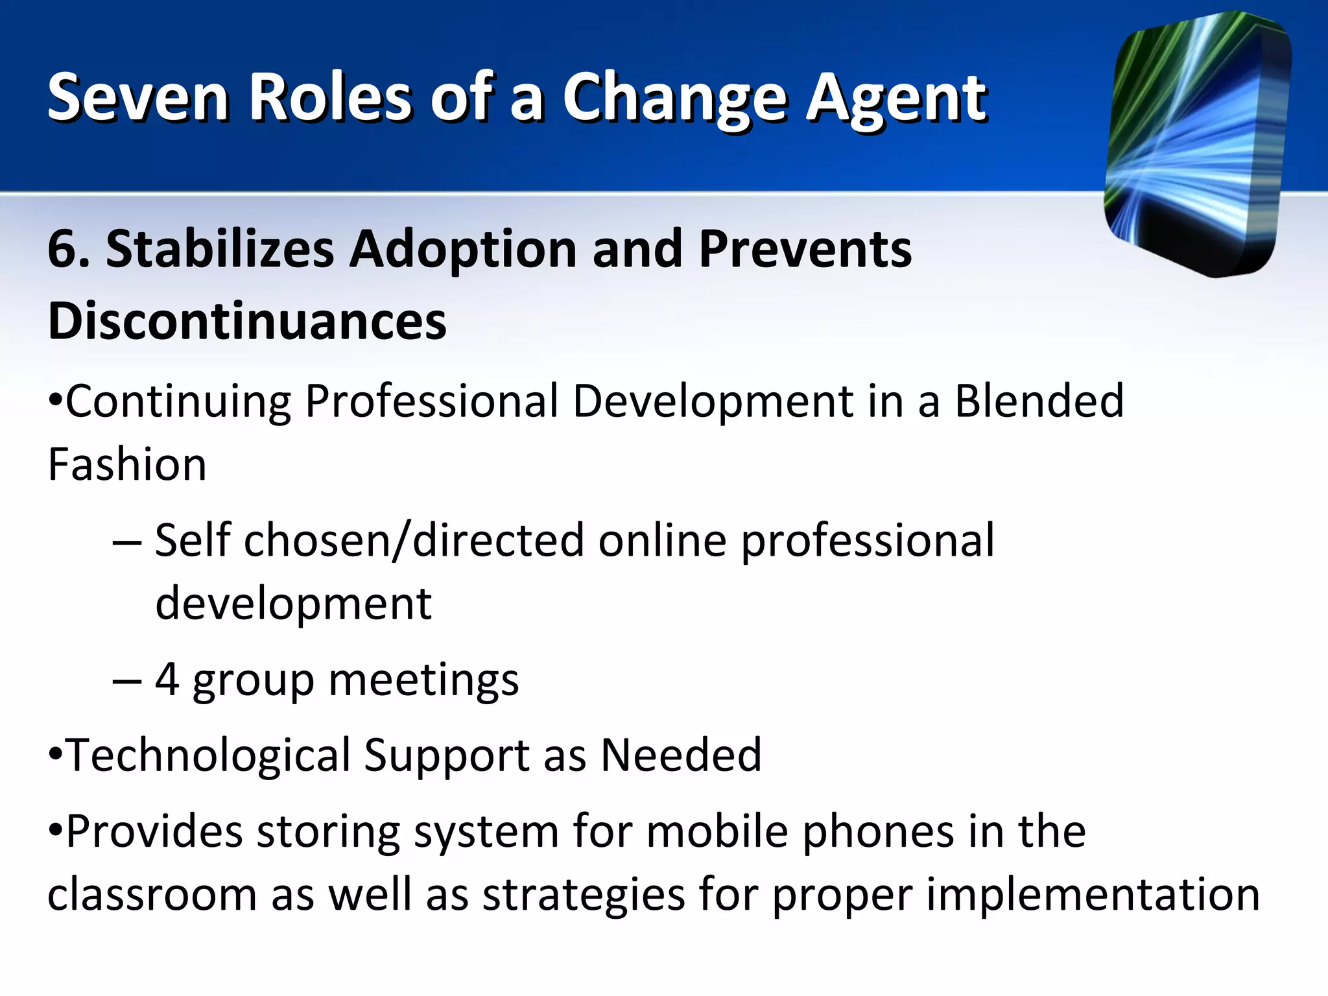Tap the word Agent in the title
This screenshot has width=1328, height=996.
pos(896,99)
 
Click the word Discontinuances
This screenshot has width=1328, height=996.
pos(247,321)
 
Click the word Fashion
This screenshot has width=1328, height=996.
pos(127,464)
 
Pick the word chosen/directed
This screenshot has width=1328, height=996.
pos(414,540)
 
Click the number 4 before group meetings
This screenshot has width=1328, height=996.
pos(167,680)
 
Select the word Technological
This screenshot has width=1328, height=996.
pos(207,755)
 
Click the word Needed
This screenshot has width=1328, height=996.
pos(681,755)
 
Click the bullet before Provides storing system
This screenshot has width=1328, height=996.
pos(56,830)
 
